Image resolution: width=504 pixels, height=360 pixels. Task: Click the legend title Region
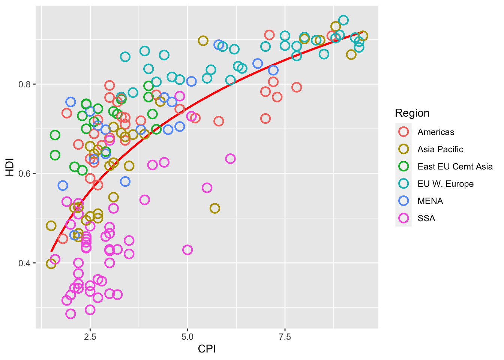click(412, 113)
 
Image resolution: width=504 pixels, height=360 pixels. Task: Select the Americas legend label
click(436, 132)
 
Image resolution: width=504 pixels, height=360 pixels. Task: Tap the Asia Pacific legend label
click(440, 149)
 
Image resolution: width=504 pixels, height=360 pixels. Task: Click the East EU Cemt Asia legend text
click(455, 166)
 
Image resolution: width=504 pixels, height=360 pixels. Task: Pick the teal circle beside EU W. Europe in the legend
click(403, 184)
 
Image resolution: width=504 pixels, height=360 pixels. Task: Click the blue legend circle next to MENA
click(403, 201)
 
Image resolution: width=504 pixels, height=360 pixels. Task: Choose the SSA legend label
click(426, 218)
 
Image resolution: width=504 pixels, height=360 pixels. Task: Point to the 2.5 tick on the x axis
click(90, 337)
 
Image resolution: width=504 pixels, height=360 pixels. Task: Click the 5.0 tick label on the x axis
click(187, 337)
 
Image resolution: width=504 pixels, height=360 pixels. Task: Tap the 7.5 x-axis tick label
click(285, 337)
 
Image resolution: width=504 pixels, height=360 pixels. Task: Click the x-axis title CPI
click(207, 349)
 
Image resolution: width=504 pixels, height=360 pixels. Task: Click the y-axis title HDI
click(10, 167)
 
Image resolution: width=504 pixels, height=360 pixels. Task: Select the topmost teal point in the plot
click(343, 20)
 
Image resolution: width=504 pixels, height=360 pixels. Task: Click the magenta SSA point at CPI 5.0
click(187, 250)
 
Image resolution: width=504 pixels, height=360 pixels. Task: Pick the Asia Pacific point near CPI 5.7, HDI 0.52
click(214, 208)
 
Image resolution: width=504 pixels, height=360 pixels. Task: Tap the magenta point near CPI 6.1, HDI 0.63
click(230, 159)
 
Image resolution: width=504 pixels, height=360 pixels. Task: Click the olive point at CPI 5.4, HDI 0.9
click(203, 40)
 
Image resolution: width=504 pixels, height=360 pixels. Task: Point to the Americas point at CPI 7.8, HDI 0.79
click(297, 87)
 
